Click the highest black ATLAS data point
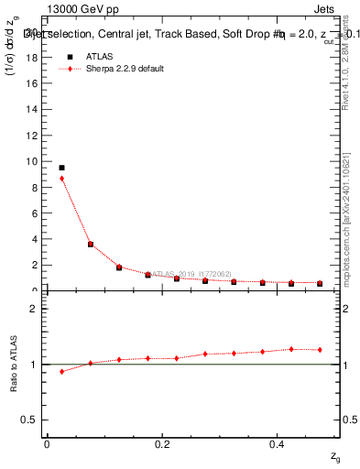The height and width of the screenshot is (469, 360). (x=61, y=168)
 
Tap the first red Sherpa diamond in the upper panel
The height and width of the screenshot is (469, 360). (x=61, y=179)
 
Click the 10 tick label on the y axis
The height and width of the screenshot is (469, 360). (x=33, y=161)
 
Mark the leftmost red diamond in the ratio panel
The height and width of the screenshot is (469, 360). (x=61, y=372)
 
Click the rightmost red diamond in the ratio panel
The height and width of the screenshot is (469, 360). (x=320, y=350)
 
